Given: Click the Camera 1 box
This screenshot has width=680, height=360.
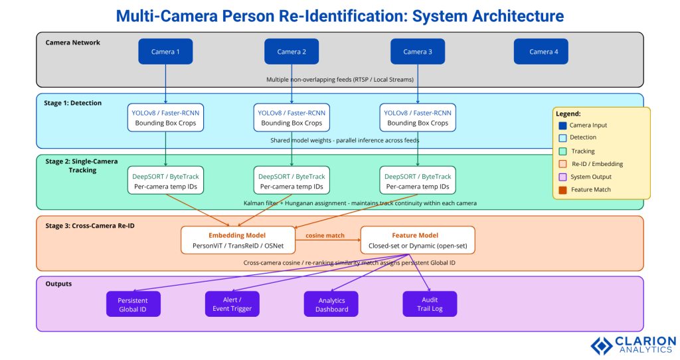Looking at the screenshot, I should (165, 52).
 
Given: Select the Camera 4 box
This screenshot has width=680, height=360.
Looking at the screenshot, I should (541, 52).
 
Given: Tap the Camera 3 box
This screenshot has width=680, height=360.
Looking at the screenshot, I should (417, 52).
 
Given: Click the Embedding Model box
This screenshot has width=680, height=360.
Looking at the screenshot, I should (237, 240).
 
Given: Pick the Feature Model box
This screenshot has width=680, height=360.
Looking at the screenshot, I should (417, 240).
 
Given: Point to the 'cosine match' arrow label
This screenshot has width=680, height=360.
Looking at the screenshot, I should (325, 236).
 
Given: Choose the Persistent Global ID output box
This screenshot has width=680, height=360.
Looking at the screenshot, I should (133, 304).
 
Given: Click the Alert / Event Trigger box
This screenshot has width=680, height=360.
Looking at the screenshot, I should (232, 304).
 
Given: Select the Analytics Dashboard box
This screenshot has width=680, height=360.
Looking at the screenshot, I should (331, 304).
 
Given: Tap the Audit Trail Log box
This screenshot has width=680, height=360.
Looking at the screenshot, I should (430, 304).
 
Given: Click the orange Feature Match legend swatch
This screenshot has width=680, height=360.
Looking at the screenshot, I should (562, 190).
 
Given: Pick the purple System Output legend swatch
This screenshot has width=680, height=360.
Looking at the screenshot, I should (562, 177).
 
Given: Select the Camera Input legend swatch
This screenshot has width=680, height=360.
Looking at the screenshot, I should (562, 125).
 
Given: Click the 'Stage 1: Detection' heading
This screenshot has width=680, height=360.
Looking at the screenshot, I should (74, 103).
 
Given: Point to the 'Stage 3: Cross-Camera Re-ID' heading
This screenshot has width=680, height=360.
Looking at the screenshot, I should (90, 226).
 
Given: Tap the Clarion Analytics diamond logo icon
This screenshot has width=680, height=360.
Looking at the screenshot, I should (601, 345).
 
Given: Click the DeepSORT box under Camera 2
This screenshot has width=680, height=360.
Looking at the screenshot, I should (292, 181).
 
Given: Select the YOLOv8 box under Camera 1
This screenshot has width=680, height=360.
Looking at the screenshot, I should (165, 118).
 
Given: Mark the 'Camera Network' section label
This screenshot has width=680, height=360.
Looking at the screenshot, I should (73, 43).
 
